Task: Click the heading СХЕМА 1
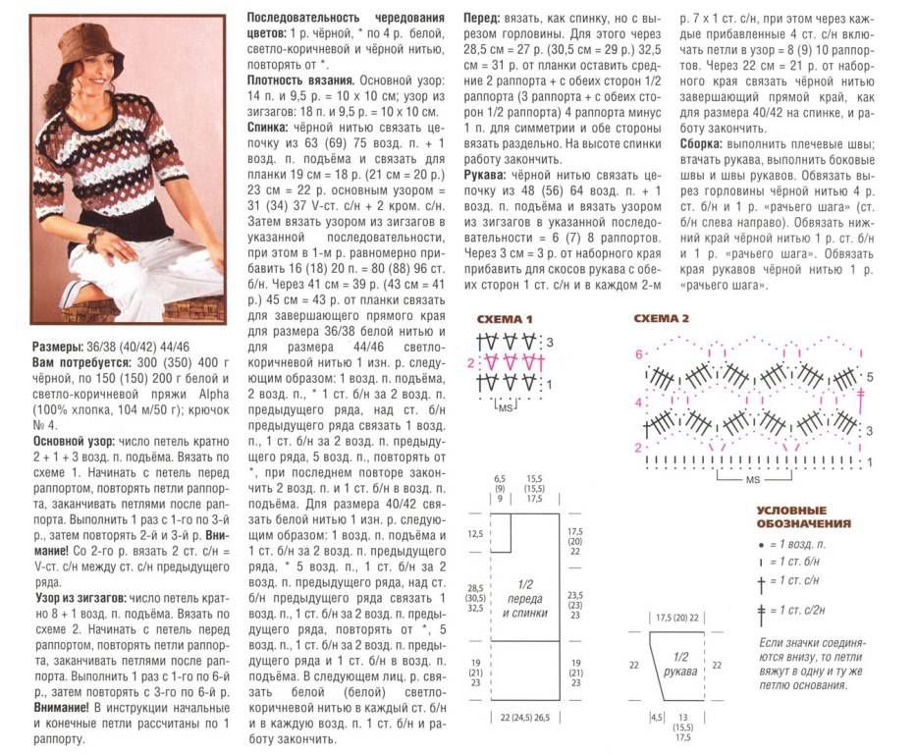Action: coord(505,320)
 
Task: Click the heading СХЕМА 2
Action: coord(662,319)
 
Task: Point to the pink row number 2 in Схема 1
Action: coord(470,363)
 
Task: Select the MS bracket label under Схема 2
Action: coord(753,480)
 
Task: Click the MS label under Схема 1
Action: coord(506,405)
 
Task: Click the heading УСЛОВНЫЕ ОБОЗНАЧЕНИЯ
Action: coord(803,517)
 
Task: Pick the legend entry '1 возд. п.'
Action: coord(796,543)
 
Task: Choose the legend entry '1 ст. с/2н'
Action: coord(801,610)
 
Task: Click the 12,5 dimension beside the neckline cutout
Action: coord(476,533)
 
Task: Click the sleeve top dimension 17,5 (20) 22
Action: coord(679,618)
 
